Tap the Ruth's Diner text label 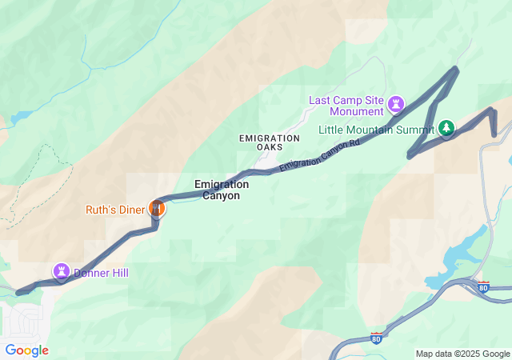click(116, 210)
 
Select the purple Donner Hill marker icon click(61, 272)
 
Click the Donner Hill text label click(101, 273)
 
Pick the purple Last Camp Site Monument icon click(396, 104)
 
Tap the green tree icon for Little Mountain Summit click(446, 128)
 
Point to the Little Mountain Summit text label click(377, 130)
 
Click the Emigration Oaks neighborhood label click(269, 142)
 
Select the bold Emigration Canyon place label click(222, 190)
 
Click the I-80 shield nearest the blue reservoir click(482, 286)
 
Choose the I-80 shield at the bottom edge click(376, 338)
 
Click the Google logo click(26, 350)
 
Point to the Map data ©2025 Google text click(462, 354)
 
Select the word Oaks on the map click(269, 147)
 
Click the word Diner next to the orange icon click(130, 210)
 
